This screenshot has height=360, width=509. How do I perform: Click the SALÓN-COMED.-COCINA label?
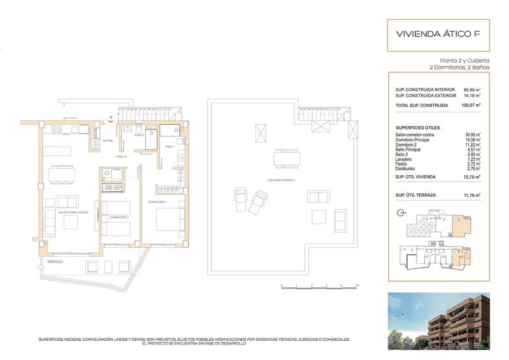[x=74, y=212]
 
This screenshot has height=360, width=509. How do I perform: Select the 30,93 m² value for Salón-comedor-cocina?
[x=472, y=134]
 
